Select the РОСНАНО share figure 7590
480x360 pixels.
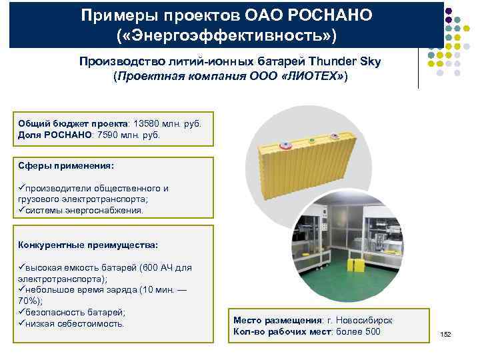(x=111, y=135)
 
